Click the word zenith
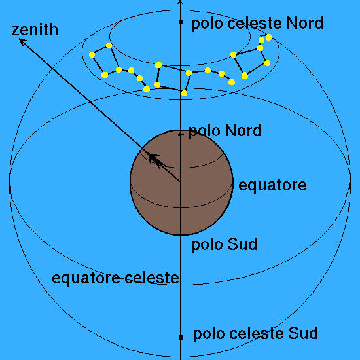35,30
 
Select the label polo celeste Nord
257,24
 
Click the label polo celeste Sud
255,334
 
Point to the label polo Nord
225,131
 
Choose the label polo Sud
224,245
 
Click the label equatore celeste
115,278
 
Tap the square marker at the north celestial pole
181,22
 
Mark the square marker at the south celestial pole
181,337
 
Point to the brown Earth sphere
181,183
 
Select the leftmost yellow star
92,54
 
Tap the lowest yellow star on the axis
184,93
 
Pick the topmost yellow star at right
268,37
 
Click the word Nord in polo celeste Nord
304,23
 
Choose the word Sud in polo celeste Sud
303,333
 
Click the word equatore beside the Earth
272,185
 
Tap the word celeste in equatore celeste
152,278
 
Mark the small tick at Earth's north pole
181,135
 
